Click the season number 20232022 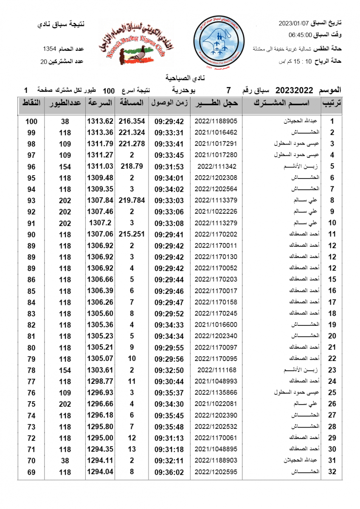pos(294,90)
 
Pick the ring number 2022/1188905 pos(216,121)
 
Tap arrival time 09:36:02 pos(169,472)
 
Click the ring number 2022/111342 pos(217,167)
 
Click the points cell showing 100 pos(31,121)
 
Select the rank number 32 pos(332,472)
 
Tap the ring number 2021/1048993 pos(216,381)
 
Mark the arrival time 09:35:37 pos(169,393)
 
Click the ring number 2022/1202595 pos(216,472)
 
